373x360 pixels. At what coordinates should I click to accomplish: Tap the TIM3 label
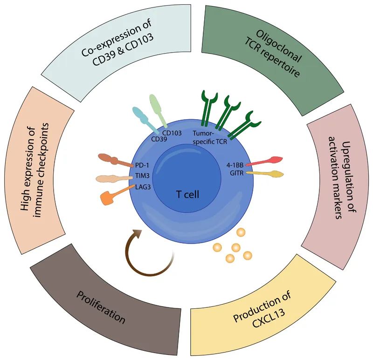[x=141, y=176]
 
